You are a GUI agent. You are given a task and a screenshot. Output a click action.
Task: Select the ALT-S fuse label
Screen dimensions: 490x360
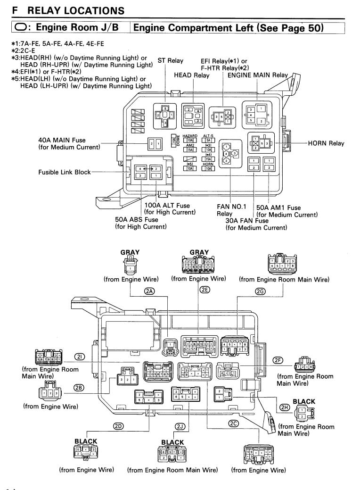point(208,135)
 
